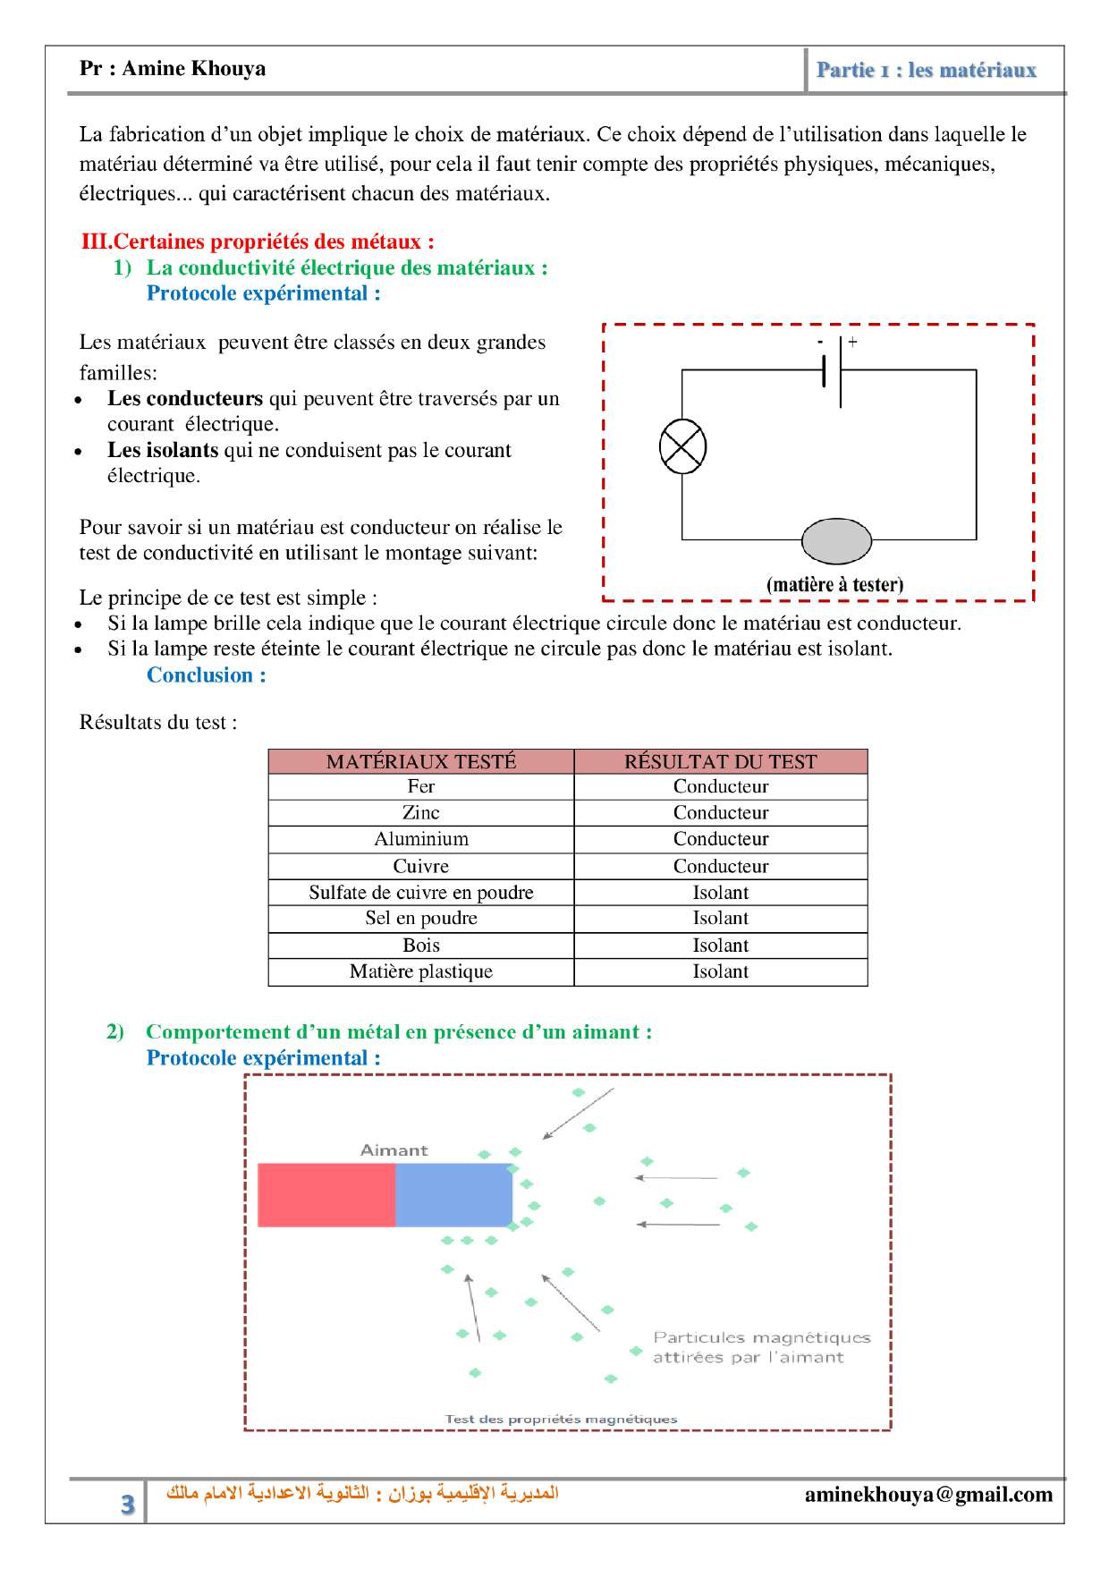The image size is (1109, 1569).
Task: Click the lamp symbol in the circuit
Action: point(682,446)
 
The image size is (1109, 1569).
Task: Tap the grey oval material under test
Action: point(836,540)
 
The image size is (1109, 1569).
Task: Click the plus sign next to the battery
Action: point(852,342)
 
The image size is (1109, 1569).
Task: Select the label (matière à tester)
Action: point(834,584)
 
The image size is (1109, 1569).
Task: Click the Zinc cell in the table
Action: point(420,812)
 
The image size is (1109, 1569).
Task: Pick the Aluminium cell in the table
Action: point(420,839)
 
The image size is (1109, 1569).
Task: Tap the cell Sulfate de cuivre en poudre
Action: point(420,892)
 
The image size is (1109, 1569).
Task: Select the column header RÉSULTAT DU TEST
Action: point(720,761)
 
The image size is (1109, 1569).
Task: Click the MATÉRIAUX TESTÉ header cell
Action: point(420,761)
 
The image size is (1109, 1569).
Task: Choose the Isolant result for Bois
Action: point(720,946)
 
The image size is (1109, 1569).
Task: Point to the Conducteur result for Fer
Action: point(720,786)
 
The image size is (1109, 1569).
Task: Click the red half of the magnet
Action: point(326,1195)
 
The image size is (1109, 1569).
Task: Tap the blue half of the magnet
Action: point(453,1195)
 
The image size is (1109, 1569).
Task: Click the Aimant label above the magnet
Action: point(394,1150)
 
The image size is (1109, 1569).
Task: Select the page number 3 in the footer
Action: point(128,1504)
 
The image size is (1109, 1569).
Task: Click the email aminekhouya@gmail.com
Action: point(928,1494)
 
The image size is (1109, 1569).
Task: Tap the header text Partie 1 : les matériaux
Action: point(926,70)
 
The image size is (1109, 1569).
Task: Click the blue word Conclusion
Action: point(206,675)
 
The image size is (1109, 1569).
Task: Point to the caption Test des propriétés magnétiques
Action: point(561,1419)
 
